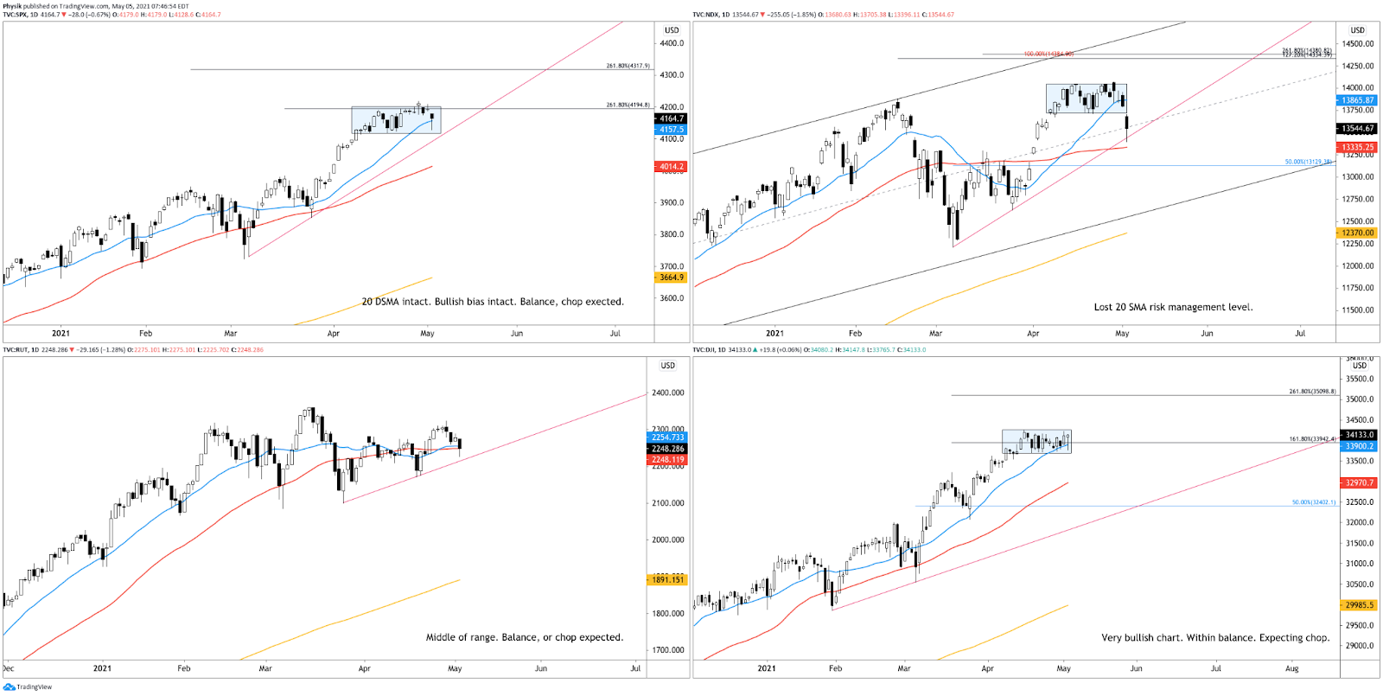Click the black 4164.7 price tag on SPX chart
point(672,118)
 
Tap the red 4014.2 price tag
point(672,167)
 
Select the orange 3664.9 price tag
point(672,278)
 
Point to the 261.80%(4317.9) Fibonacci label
point(628,66)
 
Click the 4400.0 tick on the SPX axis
point(672,43)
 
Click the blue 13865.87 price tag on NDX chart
point(1357,100)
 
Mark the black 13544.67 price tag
point(1357,129)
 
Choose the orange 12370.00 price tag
point(1357,233)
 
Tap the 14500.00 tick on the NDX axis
point(1357,43)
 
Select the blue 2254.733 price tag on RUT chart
point(667,437)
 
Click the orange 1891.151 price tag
point(667,580)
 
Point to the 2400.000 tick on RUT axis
point(667,393)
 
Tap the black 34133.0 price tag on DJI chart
point(1359,435)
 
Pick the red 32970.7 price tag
point(1359,483)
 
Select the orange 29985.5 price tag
point(1359,605)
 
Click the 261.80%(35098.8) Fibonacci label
point(1312,392)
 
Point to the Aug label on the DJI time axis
point(1291,668)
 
